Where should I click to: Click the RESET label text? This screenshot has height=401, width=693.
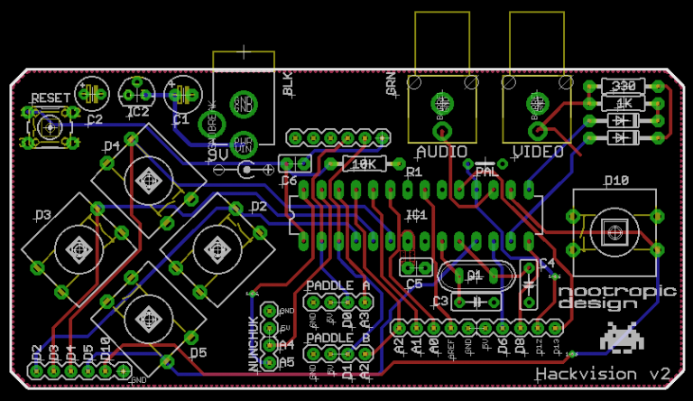51,98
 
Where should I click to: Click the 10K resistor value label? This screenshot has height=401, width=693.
365,163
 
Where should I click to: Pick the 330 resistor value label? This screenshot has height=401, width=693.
623,86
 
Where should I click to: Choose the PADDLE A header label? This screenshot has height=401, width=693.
338,285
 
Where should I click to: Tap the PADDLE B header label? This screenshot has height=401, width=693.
338,339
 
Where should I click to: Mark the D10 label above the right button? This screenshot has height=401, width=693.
616,181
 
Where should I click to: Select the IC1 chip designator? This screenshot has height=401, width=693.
416,215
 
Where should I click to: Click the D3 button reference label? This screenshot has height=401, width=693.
42,215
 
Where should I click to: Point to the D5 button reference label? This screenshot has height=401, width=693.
198,352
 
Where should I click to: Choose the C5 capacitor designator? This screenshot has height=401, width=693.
414,284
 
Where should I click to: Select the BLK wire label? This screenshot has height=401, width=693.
288,85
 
